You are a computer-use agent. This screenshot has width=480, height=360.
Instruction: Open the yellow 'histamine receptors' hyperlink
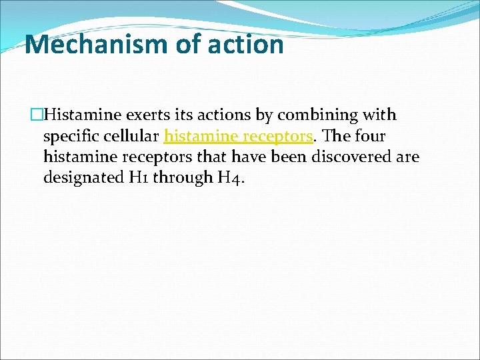point(238,137)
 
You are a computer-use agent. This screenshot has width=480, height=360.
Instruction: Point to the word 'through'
point(175,178)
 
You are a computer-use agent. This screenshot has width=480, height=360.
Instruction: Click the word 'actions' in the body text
point(222,115)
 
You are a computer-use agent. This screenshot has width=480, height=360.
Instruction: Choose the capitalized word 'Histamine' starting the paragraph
point(75,115)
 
